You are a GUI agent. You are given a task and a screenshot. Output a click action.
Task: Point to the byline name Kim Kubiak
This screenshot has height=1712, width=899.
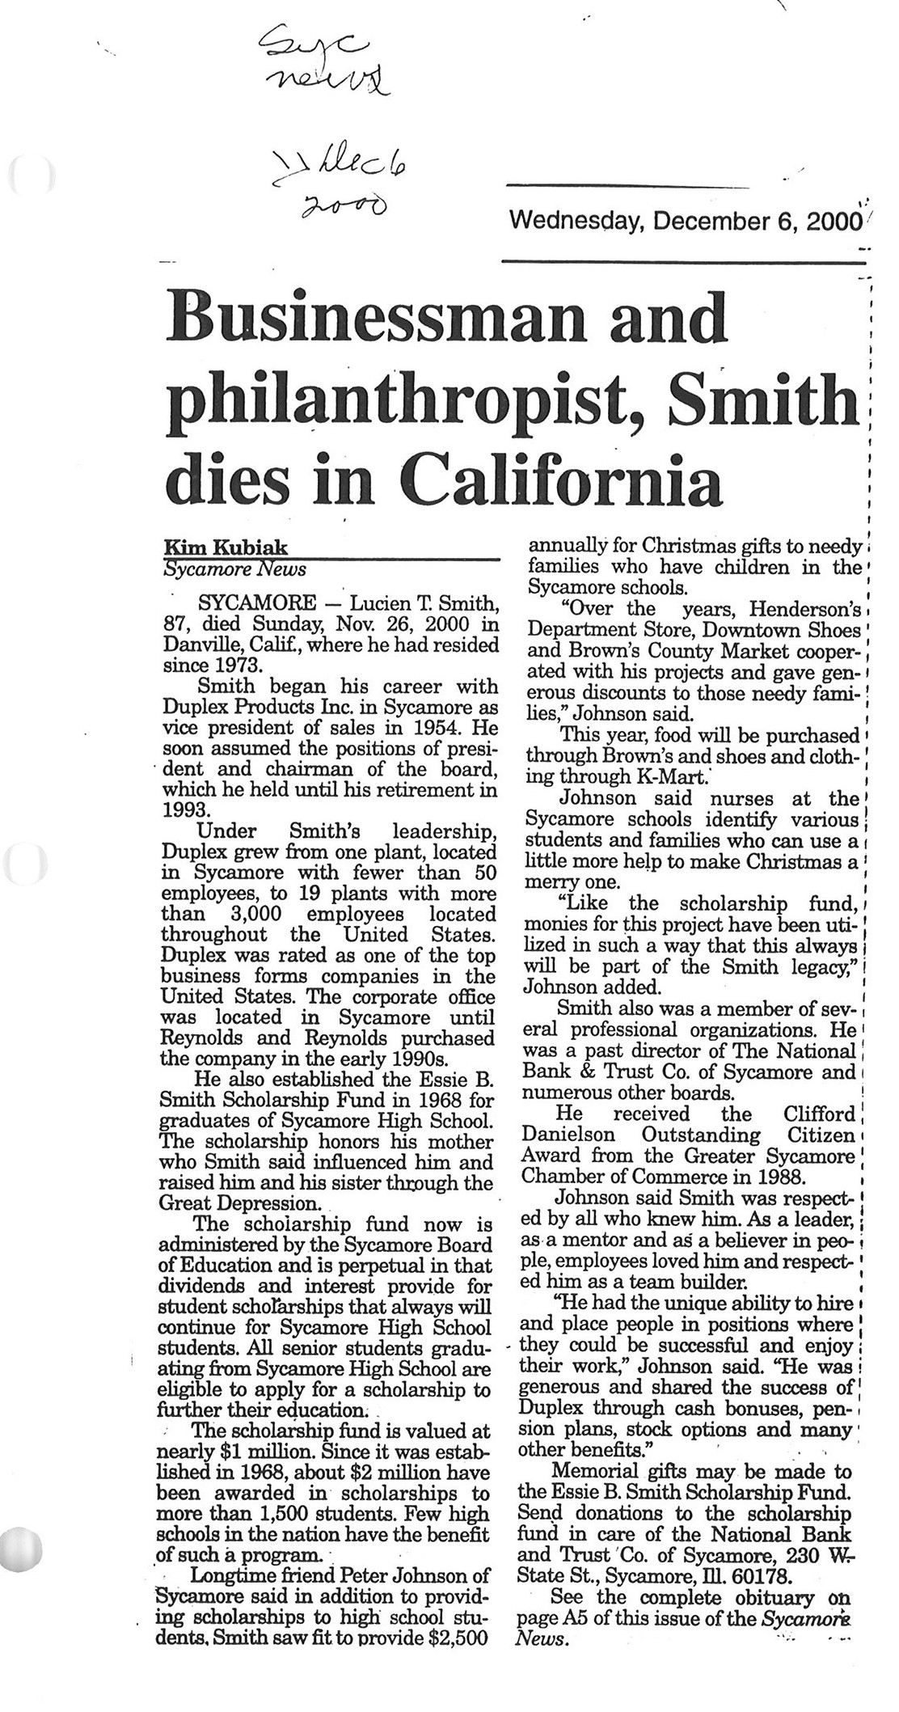click(214, 548)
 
